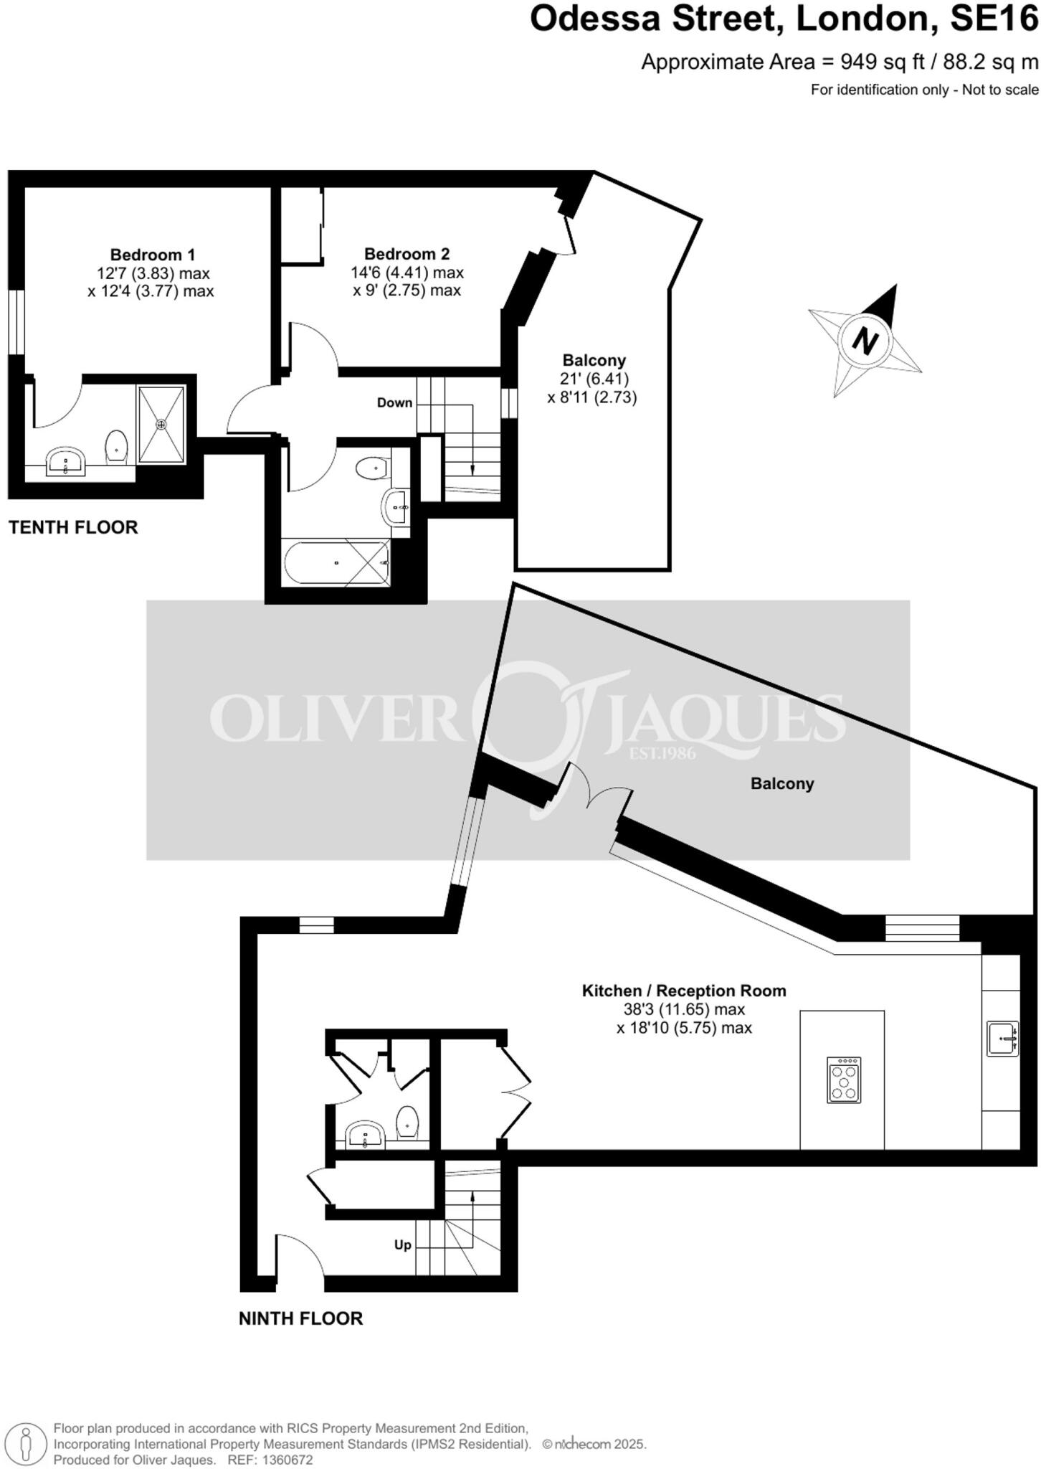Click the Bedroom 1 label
(152, 255)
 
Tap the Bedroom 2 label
(407, 254)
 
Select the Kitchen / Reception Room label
(683, 991)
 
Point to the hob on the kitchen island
(843, 1080)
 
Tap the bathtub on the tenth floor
(336, 563)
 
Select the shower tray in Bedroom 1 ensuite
(161, 424)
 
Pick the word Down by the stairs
(394, 403)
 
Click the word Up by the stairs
(402, 1244)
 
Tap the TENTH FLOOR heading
(73, 527)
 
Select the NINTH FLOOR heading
(300, 1318)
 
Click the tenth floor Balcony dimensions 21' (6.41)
(594, 379)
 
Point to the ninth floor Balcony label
(781, 783)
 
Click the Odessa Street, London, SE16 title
(783, 19)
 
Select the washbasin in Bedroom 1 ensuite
(65, 461)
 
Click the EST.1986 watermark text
(662, 753)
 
